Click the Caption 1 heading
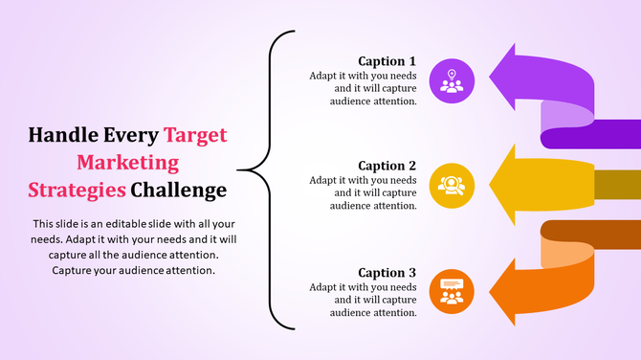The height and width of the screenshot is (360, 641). click(x=387, y=61)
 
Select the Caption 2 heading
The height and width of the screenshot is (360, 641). click(x=387, y=166)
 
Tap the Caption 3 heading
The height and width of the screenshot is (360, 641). click(x=387, y=272)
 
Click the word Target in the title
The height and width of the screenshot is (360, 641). click(x=195, y=134)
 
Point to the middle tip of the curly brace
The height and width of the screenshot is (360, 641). click(x=239, y=171)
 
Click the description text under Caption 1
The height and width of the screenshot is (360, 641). click(x=363, y=87)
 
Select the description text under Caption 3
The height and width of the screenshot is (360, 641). click(x=363, y=299)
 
